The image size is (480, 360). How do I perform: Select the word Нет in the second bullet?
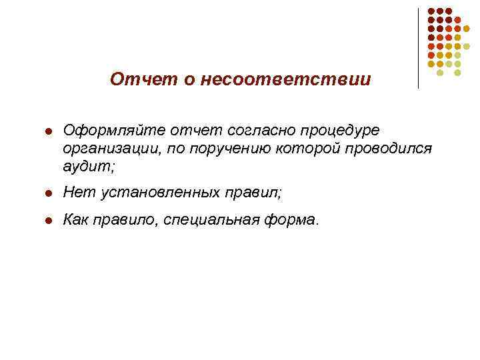75,193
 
